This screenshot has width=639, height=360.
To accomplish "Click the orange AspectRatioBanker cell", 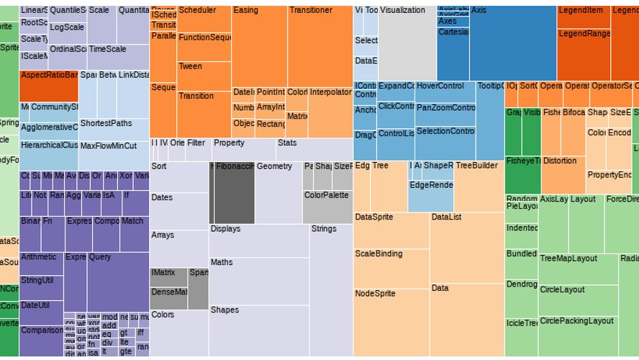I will pos(49,86).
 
